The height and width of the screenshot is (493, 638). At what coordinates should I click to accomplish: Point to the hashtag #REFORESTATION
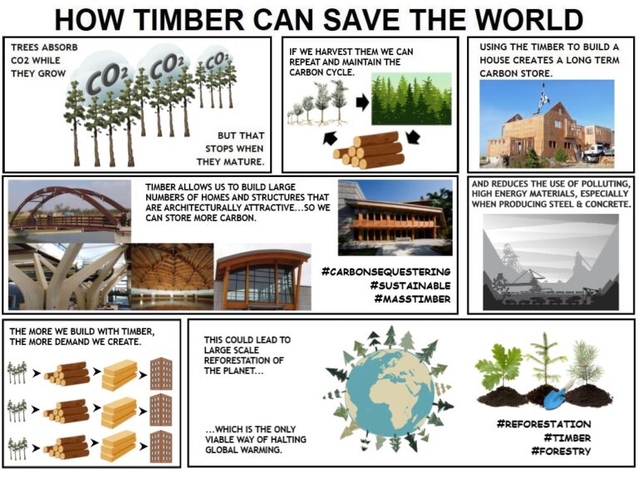click(543, 424)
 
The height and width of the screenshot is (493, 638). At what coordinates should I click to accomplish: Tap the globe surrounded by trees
click(390, 389)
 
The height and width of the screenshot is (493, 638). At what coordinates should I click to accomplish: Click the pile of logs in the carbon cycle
click(369, 150)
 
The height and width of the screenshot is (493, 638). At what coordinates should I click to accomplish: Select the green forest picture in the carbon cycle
click(410, 99)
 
